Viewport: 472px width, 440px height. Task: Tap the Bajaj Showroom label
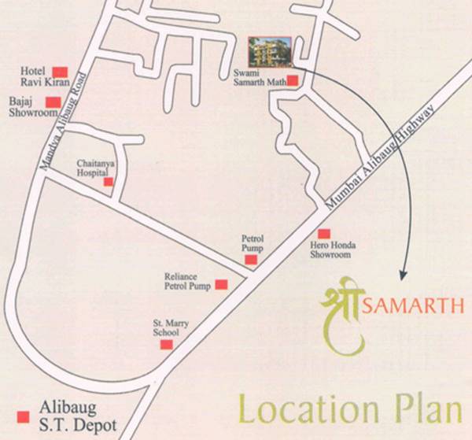tap(25, 106)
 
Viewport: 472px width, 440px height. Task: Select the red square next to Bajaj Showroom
tap(53, 102)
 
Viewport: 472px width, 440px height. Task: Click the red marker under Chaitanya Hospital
tap(109, 182)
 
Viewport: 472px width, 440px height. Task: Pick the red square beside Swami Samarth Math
tap(292, 80)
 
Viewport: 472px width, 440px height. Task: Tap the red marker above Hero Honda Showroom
tap(323, 233)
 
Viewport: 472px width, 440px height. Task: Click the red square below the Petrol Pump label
tap(250, 259)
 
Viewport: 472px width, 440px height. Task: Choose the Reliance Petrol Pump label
tap(187, 282)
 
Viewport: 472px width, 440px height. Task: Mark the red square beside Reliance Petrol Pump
tap(221, 284)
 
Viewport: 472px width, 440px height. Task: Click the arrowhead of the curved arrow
tap(403, 275)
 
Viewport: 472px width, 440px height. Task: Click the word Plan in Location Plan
tap(425, 412)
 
